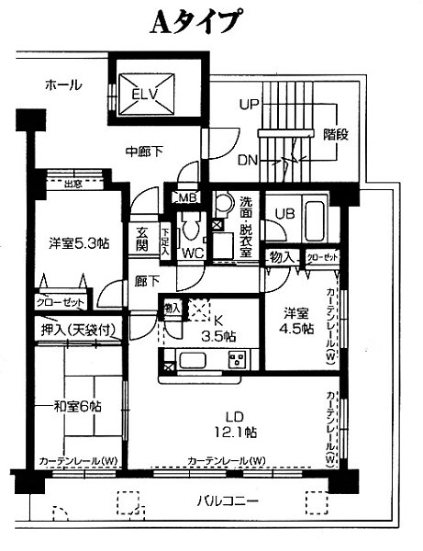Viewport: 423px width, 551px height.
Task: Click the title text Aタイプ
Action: coord(195,22)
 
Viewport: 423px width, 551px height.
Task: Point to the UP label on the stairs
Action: coord(249,105)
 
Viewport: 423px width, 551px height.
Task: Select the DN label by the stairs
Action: coord(248,159)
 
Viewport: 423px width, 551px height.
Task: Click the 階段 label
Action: coord(336,134)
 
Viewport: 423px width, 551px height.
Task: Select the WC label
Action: coord(193,252)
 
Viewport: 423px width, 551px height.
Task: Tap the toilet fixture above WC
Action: coord(191,225)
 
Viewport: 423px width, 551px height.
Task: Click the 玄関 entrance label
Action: coord(143,239)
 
